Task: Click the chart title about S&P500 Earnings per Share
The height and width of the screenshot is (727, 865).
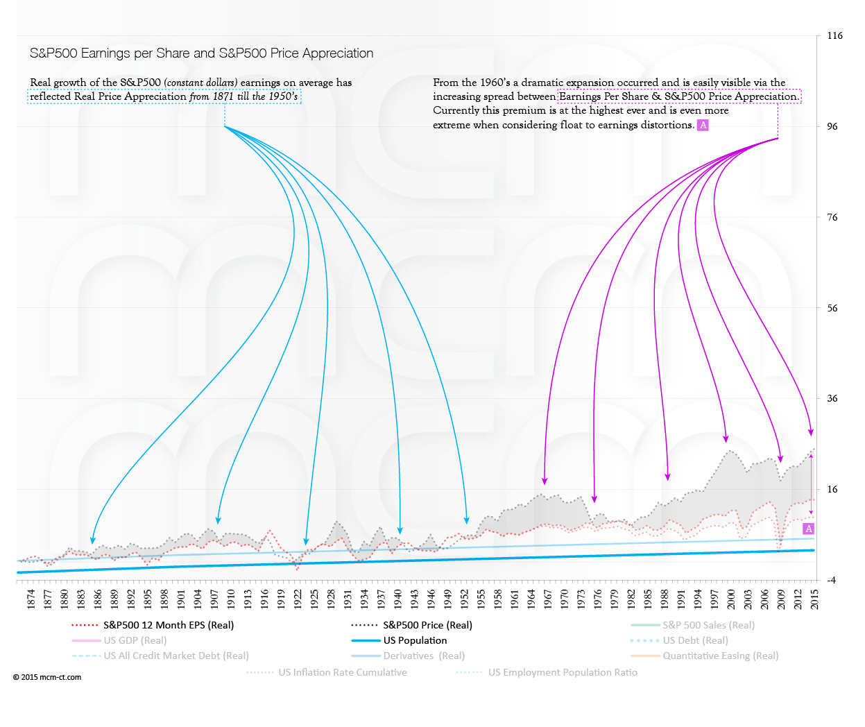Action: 201,53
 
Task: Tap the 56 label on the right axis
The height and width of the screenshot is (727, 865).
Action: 832,308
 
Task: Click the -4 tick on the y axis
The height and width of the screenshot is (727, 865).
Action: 831,580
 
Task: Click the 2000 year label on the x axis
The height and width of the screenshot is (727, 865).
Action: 731,599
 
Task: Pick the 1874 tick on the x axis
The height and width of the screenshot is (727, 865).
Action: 31,599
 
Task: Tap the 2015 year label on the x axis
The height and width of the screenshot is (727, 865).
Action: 814,599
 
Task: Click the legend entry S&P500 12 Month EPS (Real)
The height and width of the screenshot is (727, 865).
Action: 169,625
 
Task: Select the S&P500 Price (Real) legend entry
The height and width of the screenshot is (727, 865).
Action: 427,625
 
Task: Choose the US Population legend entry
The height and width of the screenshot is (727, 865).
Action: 415,640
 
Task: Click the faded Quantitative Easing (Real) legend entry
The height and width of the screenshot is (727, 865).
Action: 720,656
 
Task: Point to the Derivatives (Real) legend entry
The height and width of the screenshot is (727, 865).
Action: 424,656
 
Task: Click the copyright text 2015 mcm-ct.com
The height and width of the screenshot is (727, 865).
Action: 47,677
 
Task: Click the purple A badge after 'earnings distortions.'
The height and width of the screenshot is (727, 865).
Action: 703,125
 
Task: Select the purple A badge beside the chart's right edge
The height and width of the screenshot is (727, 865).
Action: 808,529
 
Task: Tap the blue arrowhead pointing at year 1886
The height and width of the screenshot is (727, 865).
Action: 93,540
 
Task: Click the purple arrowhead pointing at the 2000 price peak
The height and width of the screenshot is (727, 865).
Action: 726,438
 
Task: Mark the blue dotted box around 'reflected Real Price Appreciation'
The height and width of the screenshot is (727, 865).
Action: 164,96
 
